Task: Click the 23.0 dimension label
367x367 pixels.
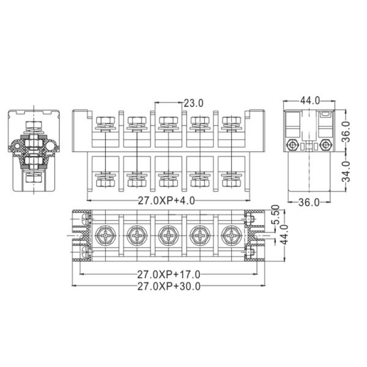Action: tap(193, 103)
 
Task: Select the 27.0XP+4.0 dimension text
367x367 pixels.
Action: tap(166, 201)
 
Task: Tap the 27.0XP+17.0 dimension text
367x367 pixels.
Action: tap(169, 275)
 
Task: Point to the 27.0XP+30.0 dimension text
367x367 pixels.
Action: tap(169, 286)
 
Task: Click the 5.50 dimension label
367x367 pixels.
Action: tap(276, 215)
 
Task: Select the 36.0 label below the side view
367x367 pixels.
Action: tap(309, 202)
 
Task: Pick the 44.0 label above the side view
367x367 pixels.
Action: tap(310, 101)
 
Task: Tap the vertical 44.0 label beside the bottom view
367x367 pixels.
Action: tap(284, 235)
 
